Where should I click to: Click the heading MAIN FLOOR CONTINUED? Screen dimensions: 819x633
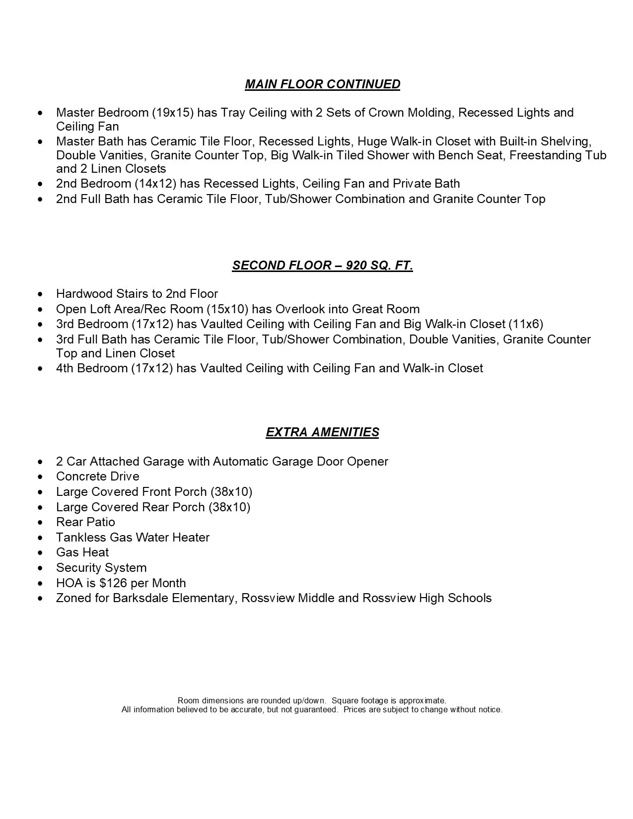pos(322,84)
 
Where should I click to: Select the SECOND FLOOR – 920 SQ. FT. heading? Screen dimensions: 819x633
pos(322,266)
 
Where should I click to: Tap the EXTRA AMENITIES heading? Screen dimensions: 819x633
pos(322,432)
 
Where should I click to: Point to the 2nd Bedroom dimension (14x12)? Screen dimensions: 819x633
pos(155,184)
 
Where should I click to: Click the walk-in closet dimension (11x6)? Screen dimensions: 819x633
pos(526,324)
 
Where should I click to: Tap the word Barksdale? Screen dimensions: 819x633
pos(141,598)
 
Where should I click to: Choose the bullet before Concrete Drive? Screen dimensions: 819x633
pos(40,477)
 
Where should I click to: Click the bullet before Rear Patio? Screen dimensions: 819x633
pos(40,523)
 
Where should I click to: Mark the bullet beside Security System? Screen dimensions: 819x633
pos(40,568)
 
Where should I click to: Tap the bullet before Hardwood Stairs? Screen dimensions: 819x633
pos(40,294)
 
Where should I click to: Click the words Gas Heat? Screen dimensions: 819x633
pos(82,552)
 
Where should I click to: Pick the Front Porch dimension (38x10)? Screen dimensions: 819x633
pos(231,492)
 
